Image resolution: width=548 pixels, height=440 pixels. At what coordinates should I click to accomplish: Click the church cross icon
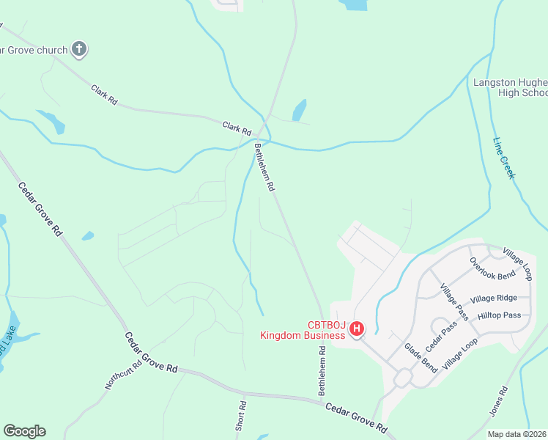[x=79, y=50]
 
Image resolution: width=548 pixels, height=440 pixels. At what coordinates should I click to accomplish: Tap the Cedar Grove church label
[x=34, y=50]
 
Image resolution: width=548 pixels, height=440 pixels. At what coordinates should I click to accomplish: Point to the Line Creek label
[x=504, y=158]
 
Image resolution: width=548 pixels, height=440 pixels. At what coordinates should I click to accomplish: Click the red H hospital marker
[x=357, y=329]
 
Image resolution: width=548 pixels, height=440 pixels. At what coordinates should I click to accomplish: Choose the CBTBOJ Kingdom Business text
[x=302, y=331]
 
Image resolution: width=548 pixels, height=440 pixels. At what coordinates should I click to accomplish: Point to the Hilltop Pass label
[x=499, y=315]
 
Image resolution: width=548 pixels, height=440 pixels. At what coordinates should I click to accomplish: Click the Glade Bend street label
[x=421, y=357]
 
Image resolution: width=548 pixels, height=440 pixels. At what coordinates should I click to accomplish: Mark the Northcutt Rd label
[x=122, y=374]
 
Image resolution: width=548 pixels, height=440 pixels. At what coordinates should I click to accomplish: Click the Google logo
[x=24, y=431]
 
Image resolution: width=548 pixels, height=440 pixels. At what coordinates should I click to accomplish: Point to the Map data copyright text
[x=516, y=434]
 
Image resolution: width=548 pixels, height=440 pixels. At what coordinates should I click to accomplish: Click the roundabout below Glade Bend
[x=402, y=378]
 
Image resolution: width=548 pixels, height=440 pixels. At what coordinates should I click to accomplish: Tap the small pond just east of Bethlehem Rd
[x=299, y=110]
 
